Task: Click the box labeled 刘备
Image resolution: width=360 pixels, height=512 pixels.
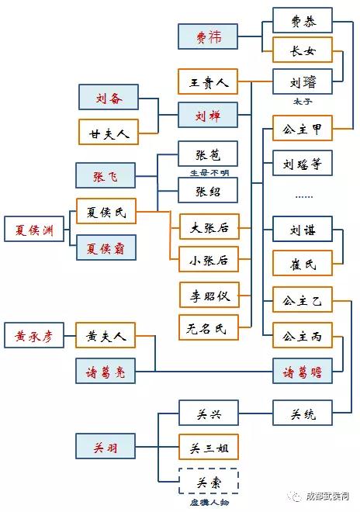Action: (x=109, y=97)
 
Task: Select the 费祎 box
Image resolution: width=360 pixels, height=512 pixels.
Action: (x=208, y=36)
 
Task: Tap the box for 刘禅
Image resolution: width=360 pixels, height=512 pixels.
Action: (x=208, y=115)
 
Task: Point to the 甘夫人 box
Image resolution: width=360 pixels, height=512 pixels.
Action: (x=109, y=132)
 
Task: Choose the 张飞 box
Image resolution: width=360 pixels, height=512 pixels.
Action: (x=106, y=175)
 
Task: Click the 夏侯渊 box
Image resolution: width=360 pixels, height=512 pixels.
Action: (x=34, y=229)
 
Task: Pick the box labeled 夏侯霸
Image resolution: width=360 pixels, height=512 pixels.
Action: (x=106, y=247)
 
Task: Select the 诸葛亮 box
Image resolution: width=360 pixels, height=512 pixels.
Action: (x=106, y=371)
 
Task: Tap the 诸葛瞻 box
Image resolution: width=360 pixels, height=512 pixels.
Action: (x=303, y=371)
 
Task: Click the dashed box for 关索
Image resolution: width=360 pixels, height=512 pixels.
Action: (x=209, y=481)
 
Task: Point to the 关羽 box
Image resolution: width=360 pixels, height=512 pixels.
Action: (x=106, y=446)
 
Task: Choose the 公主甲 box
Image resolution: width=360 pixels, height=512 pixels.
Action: (x=303, y=128)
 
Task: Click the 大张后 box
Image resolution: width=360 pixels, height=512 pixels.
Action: (x=209, y=227)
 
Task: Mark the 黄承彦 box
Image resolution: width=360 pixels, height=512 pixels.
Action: (x=34, y=335)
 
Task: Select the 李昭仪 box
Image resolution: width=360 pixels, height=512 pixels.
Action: (x=209, y=295)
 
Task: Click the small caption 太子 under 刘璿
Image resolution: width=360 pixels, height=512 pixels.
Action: (x=303, y=102)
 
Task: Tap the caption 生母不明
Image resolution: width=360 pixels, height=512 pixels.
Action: (x=209, y=172)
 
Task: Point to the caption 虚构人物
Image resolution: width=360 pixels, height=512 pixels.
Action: (x=209, y=502)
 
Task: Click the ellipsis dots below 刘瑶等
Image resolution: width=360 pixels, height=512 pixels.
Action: (x=304, y=197)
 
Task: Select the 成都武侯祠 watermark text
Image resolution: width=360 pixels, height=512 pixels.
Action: (x=327, y=496)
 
